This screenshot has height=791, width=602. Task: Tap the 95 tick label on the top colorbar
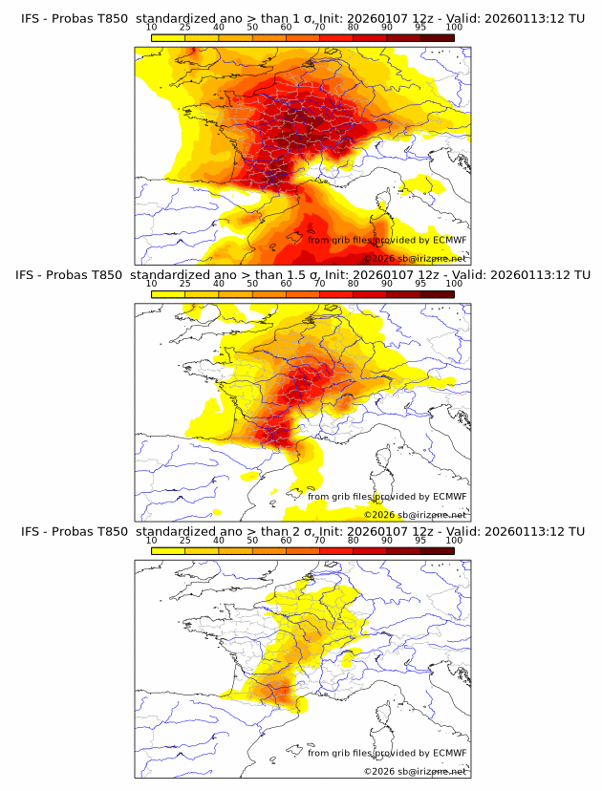click(420, 28)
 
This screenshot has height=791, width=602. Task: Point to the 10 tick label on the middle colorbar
click(151, 284)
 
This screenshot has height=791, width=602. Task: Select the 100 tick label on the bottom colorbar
click(454, 541)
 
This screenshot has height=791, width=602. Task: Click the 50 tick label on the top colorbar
click(252, 28)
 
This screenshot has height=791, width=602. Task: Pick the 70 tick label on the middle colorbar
click(319, 284)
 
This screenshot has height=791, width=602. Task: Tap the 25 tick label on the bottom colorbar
click(184, 541)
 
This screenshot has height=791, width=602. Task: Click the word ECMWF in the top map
click(449, 240)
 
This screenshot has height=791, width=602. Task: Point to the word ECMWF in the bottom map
click(449, 753)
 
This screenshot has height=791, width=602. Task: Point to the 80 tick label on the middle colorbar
click(353, 284)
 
